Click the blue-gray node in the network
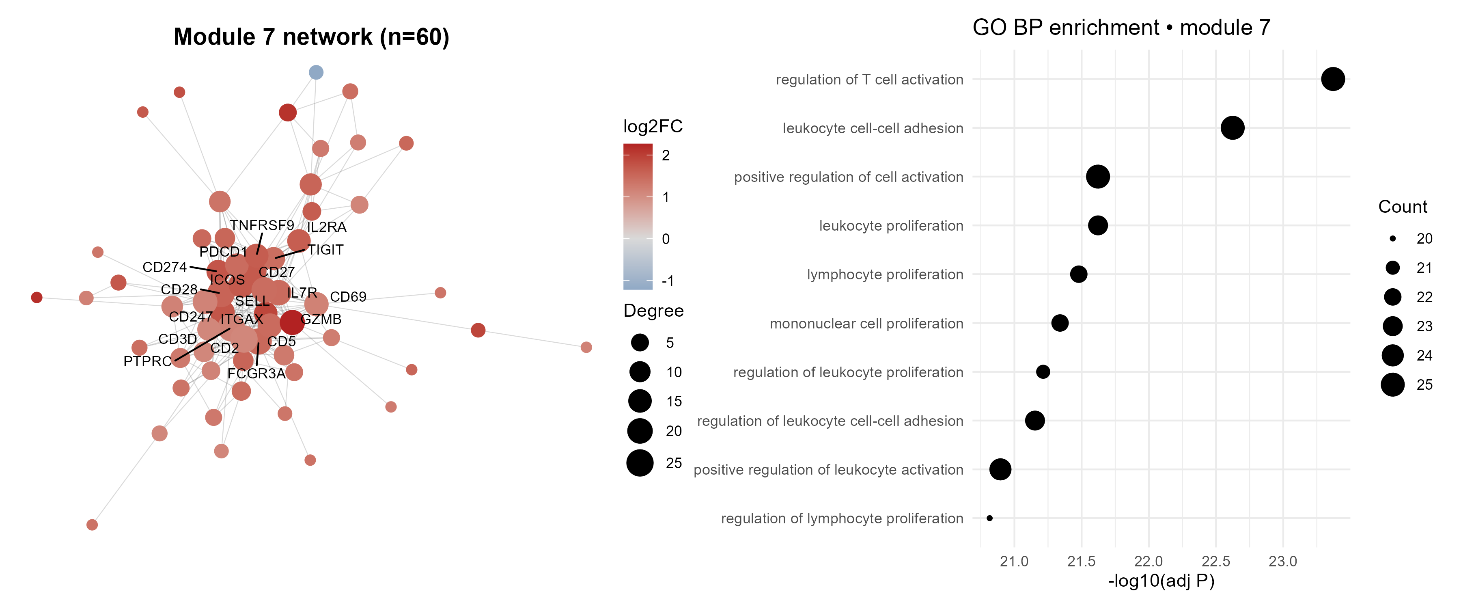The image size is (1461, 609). [316, 72]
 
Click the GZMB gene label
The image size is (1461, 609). [321, 320]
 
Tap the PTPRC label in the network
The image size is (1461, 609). [147, 361]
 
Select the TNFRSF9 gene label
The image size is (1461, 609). [262, 225]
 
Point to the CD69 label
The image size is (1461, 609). [348, 297]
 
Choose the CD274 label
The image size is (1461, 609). [164, 267]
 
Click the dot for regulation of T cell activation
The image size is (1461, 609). [1333, 79]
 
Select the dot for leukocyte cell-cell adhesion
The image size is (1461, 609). [1233, 128]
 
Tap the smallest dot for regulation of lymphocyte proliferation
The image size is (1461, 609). [990, 518]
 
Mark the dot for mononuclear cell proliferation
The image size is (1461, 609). [1060, 323]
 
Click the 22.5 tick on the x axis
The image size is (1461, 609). [1216, 562]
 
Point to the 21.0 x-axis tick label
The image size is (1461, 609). [1014, 562]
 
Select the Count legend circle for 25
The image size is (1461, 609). [1392, 385]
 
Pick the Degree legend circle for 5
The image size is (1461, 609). [640, 342]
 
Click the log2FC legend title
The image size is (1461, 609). [653, 126]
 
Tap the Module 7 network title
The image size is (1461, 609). [311, 37]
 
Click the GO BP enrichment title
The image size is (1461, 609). [1121, 27]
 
